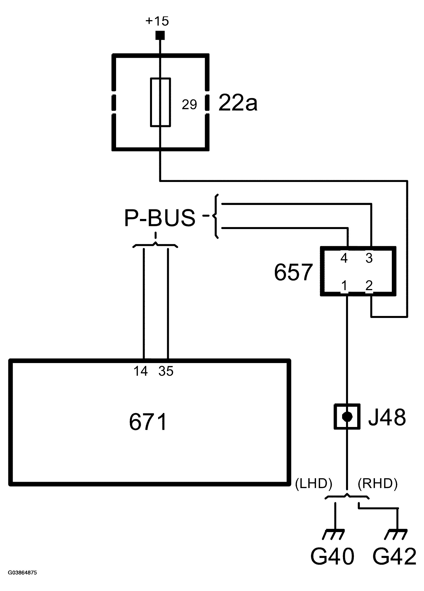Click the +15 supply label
157,21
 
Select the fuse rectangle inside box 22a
160,102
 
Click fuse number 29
189,105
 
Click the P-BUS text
160,218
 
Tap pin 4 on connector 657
344,258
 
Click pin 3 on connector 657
369,258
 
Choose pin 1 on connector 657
344,286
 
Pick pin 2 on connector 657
369,286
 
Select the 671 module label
148,422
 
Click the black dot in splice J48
347,417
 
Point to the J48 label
387,417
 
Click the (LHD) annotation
313,483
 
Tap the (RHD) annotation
377,483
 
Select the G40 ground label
332,556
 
